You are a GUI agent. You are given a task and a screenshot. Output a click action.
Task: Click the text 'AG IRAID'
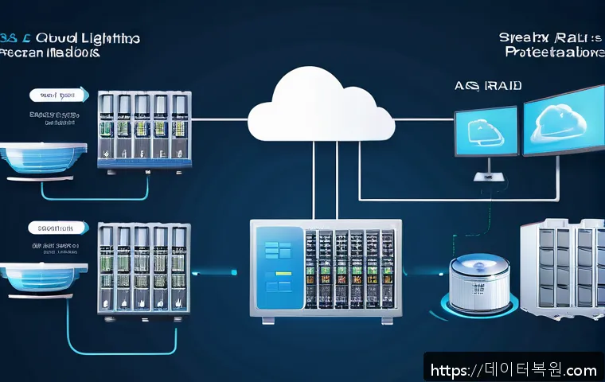click(476, 86)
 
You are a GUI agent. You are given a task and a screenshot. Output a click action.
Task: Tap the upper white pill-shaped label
click(58, 95)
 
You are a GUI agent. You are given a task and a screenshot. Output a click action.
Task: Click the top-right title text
click(549, 44)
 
